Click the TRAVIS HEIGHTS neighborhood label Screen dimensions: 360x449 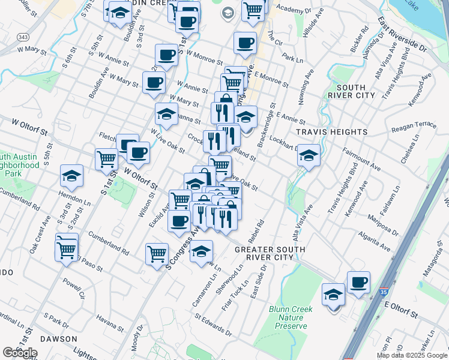332,132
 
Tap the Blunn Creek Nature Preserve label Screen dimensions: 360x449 291,316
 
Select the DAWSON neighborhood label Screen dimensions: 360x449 59,339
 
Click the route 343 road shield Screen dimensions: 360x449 23,37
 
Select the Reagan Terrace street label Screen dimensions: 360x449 414,124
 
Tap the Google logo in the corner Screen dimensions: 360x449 20,353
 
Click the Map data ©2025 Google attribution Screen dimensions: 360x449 411,355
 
